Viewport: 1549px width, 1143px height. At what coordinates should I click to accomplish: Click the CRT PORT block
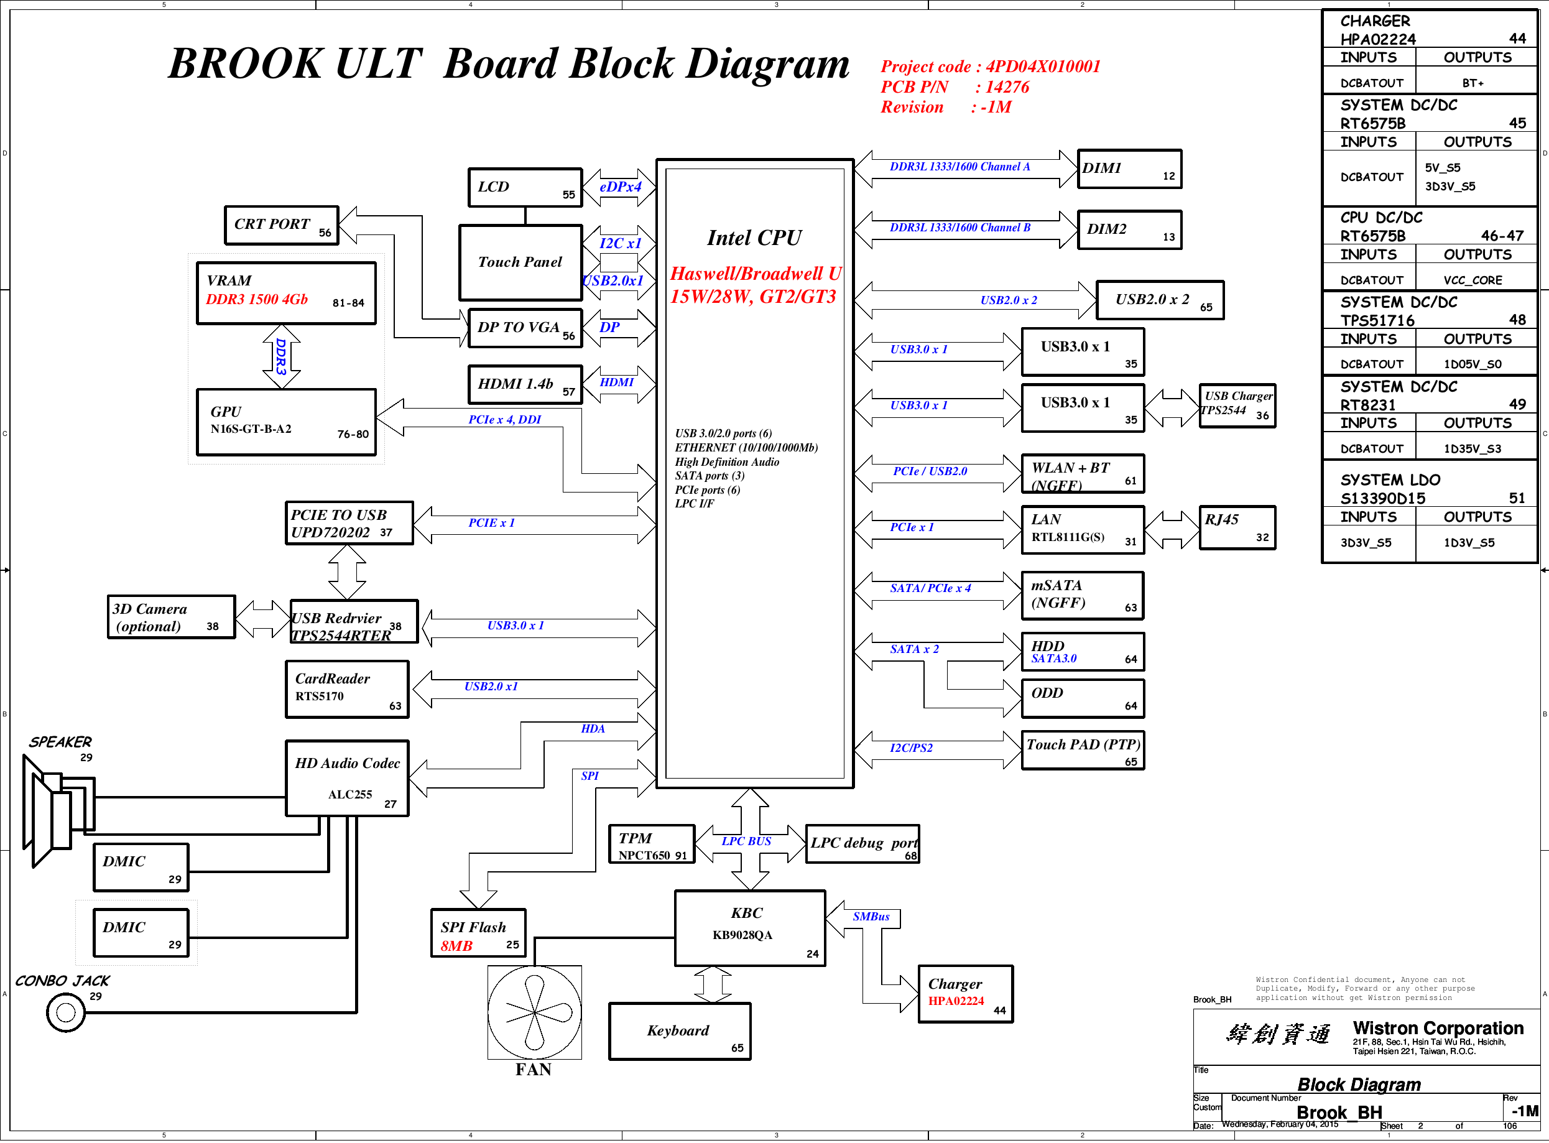click(x=282, y=226)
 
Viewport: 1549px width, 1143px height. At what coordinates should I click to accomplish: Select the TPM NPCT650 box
click(x=652, y=844)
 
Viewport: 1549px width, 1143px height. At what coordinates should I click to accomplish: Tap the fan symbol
click(x=534, y=1012)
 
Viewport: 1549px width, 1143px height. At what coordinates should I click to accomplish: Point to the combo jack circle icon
click(x=66, y=1012)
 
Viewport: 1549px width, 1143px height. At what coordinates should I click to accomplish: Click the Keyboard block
click(x=680, y=1031)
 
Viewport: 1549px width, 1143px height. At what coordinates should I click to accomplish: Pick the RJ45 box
click(x=1237, y=527)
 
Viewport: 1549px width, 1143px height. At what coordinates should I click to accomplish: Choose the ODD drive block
click(x=1083, y=698)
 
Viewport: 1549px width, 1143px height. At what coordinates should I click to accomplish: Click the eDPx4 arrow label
click(x=620, y=187)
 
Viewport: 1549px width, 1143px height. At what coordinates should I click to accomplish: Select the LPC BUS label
click(x=746, y=841)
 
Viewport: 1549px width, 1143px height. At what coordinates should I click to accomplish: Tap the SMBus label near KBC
click(x=871, y=917)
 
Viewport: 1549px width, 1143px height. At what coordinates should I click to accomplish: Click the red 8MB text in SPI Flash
click(x=456, y=946)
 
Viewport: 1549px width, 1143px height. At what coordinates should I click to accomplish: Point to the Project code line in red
click(x=990, y=67)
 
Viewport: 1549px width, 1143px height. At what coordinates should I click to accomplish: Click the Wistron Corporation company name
click(x=1438, y=1028)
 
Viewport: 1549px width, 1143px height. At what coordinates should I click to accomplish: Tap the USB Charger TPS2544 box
click(x=1237, y=406)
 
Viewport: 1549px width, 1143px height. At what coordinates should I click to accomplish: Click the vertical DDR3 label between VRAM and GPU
click(x=281, y=356)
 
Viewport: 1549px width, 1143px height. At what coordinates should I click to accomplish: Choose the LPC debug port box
click(x=862, y=844)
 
